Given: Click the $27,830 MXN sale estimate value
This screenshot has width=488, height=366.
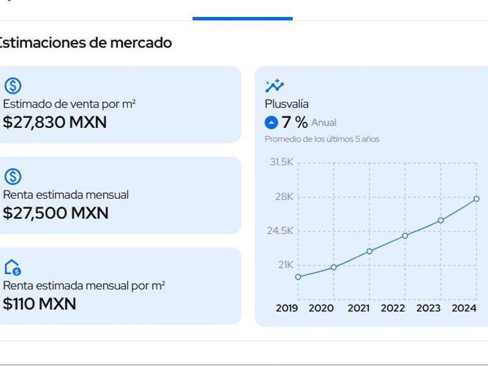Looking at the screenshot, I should click(55, 123).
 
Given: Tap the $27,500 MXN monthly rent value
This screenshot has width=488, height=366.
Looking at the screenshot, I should click(55, 213).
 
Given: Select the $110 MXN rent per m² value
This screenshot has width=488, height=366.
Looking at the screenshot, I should click(40, 303).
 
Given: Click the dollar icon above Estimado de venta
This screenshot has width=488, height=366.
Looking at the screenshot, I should click(13, 87).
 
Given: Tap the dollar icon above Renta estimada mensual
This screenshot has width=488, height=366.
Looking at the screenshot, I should click(13, 177).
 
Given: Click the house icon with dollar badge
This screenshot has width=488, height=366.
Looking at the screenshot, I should click(13, 267).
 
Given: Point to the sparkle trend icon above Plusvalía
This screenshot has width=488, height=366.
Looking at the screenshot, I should click(274, 86).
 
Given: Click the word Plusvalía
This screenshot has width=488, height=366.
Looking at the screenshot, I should click(286, 104).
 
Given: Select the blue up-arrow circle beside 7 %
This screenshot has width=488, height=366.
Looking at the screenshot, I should click(271, 123).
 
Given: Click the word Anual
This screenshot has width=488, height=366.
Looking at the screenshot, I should click(324, 123).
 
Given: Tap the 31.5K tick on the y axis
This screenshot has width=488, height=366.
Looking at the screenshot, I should click(281, 162).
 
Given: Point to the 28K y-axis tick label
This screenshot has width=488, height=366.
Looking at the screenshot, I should click(284, 196).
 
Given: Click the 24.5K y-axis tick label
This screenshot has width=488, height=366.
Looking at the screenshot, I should click(280, 231).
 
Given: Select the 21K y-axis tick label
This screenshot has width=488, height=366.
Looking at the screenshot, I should click(284, 265).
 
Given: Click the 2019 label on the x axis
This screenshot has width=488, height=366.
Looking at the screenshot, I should click(286, 308).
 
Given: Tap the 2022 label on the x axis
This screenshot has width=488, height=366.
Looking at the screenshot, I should click(393, 308).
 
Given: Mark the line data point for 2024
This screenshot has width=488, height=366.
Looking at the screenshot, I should click(476, 199).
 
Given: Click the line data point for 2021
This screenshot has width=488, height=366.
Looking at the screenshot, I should click(369, 251).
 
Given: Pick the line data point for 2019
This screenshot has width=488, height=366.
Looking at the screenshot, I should click(298, 277).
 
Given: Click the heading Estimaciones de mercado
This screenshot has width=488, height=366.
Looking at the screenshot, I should click(85, 42).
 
